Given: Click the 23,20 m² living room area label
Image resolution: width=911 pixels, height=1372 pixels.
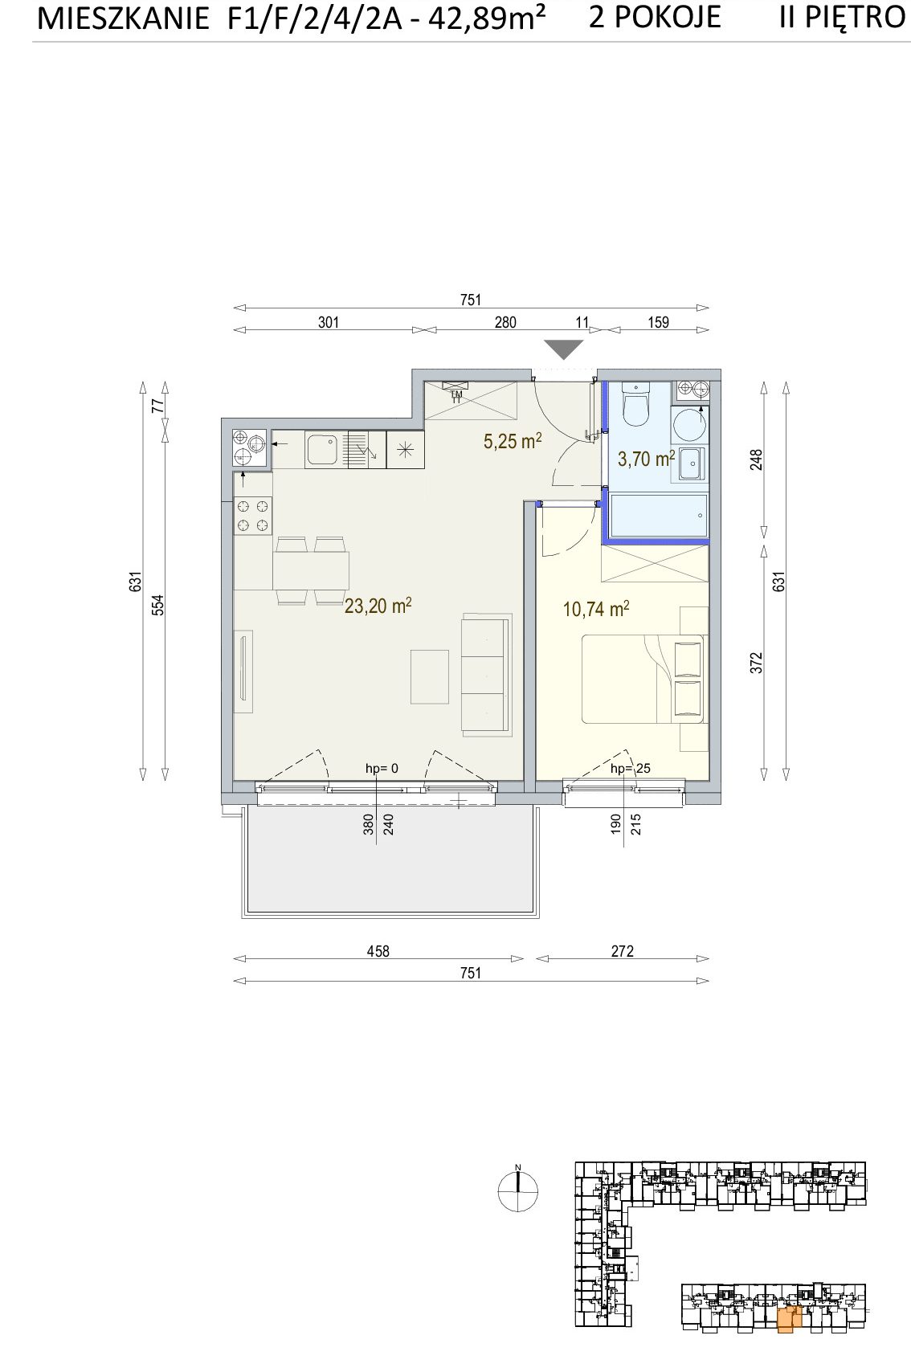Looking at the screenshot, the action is [378, 606].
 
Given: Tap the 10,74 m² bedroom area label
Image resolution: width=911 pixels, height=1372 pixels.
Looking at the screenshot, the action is [596, 609].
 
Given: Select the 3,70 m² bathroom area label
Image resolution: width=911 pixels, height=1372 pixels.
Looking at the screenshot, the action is [647, 458].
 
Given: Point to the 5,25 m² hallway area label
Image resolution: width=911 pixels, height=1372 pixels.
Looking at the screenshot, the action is [513, 441].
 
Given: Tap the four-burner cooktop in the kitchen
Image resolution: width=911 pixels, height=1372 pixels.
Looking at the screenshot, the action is [253, 516].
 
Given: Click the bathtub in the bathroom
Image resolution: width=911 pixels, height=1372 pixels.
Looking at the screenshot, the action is [660, 516].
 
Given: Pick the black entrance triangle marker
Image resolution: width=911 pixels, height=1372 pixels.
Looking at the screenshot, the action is [564, 349].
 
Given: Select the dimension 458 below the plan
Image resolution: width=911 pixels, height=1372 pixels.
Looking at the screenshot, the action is [378, 951].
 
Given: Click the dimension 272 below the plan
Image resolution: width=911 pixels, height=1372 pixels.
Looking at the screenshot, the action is [622, 951].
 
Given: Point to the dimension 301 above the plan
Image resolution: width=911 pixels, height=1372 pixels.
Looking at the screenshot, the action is [329, 322].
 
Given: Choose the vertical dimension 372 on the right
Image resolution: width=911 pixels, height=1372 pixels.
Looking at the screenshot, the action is [758, 662].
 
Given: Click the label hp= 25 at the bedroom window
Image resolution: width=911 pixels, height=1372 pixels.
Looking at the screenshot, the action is [631, 768].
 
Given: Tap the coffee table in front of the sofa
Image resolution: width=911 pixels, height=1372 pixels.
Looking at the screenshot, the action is [430, 677].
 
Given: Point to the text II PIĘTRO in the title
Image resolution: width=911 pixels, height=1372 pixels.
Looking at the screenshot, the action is [843, 17].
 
